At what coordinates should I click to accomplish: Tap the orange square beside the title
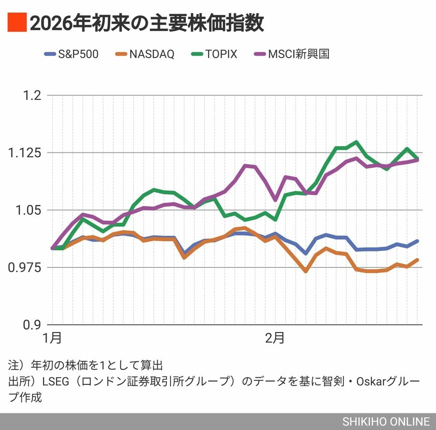pyautogui.click(x=16, y=23)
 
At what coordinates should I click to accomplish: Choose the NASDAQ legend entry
pyautogui.click(x=145, y=54)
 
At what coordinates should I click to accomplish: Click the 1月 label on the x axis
pyautogui.click(x=52, y=338)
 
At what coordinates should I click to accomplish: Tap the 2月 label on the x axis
pyautogui.click(x=275, y=338)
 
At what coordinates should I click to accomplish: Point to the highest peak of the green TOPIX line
pyautogui.click(x=356, y=142)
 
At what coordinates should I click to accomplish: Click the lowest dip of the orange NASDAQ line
pyautogui.click(x=305, y=271)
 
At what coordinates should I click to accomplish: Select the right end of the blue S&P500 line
pyautogui.click(x=417, y=241)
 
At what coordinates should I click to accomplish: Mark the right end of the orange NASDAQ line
pyautogui.click(x=417, y=260)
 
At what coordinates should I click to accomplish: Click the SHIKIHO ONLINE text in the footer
pyautogui.click(x=386, y=422)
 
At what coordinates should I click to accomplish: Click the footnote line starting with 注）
pyautogui.click(x=85, y=364)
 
